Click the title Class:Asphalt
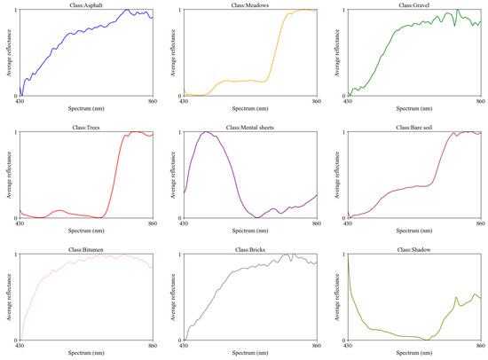pyautogui.click(x=86, y=5)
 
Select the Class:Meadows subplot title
pyautogui.click(x=250, y=5)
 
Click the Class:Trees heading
pyautogui.click(x=86, y=127)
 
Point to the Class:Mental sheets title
pyautogui.click(x=250, y=127)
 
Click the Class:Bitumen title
pyautogui.click(x=86, y=249)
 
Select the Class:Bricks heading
pyautogui.click(x=250, y=249)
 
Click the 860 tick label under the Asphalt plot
pyautogui.click(x=153, y=103)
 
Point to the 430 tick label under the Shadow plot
pyautogui.click(x=348, y=347)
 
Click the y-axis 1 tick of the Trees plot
pyautogui.click(x=15, y=133)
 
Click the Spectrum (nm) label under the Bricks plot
pyautogui.click(x=250, y=353)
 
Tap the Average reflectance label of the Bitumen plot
pyautogui.click(x=8, y=297)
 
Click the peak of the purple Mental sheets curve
pyautogui.click(x=207, y=132)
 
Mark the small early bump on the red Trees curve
pyautogui.click(x=59, y=210)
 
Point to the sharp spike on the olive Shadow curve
pyautogui.click(x=457, y=298)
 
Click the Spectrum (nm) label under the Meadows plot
pyautogui.click(x=250, y=108)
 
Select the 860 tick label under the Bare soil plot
pyautogui.click(x=481, y=225)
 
